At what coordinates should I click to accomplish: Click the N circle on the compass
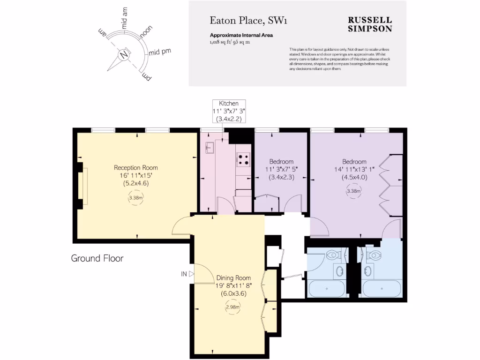124,54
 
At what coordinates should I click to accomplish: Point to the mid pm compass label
160,52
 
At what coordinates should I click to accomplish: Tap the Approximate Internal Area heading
241,35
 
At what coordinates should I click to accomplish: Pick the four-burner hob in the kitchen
243,160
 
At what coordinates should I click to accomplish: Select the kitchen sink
209,149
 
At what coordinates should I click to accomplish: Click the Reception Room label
136,167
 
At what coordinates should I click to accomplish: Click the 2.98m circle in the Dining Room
233,307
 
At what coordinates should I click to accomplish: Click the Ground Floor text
97,258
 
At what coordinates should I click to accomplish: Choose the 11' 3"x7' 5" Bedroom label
281,169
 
